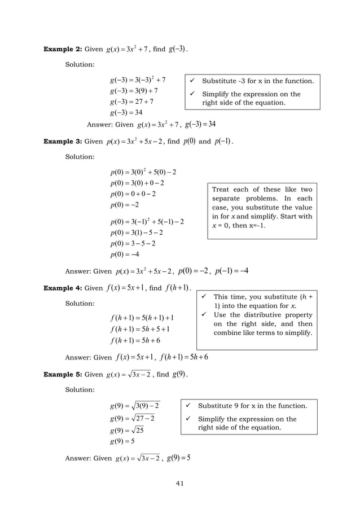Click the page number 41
tap(179, 483)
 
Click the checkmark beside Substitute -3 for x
tap(192, 81)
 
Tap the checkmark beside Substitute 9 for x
tap(187, 406)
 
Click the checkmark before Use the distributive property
tap(203, 315)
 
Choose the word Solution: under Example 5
tap(80, 389)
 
